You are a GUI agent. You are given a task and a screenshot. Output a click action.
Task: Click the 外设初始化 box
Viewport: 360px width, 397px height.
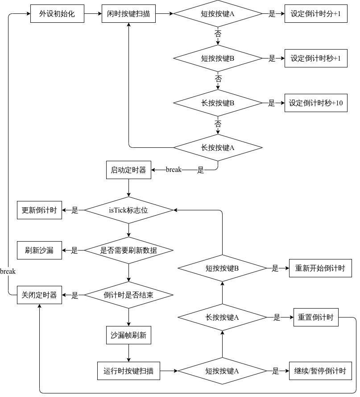click(x=57, y=14)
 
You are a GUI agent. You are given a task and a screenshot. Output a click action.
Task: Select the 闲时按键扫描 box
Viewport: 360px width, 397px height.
click(x=128, y=14)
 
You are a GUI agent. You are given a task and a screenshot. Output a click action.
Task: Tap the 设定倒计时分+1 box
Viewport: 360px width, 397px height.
click(x=316, y=14)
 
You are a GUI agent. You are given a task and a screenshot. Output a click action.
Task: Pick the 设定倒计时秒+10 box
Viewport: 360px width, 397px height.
click(x=316, y=103)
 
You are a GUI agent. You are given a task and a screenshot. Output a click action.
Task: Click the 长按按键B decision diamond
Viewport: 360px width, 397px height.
click(x=218, y=103)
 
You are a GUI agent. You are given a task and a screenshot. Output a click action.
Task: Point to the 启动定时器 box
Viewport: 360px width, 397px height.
click(x=128, y=170)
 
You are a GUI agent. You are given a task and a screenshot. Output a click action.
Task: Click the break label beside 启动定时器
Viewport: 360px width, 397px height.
click(x=174, y=170)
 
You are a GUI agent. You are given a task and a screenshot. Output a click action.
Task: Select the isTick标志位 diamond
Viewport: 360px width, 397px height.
click(x=128, y=210)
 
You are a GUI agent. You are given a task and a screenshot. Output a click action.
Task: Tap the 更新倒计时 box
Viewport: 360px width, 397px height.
click(x=39, y=210)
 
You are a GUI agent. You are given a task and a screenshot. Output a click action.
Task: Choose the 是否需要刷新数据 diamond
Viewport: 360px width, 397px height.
click(x=128, y=251)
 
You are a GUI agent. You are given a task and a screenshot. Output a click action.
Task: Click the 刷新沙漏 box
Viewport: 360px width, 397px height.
click(x=39, y=251)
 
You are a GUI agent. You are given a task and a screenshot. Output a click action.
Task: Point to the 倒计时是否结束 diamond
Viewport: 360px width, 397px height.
click(x=128, y=295)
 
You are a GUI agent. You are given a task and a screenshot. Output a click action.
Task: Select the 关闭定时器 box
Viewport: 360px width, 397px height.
click(x=39, y=295)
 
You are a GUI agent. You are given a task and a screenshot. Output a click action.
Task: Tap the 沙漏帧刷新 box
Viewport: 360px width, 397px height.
click(x=128, y=335)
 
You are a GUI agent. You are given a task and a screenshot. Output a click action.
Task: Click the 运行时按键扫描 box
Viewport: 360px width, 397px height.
click(x=128, y=371)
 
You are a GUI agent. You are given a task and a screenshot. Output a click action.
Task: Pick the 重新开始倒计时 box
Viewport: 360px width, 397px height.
click(x=320, y=268)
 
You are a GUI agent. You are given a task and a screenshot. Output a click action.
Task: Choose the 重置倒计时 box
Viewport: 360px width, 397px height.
click(x=316, y=318)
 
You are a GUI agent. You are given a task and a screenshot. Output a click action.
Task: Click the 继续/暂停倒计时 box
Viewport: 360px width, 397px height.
click(x=320, y=371)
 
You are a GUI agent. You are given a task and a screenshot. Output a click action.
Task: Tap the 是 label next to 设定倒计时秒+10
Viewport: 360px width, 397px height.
click(x=272, y=103)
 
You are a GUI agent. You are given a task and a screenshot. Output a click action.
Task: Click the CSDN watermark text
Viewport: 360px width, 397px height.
click(x=329, y=389)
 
